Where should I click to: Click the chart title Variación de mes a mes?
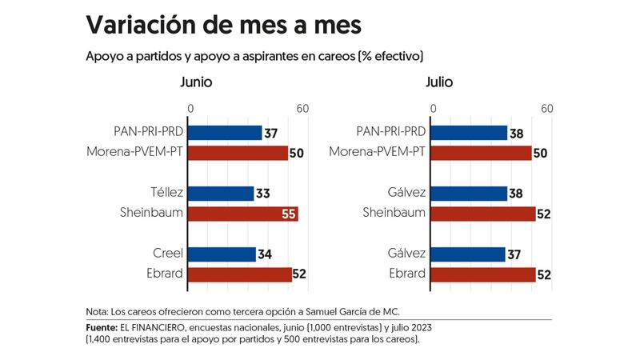[223, 25]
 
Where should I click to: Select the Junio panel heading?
[196, 82]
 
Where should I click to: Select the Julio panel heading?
[440, 82]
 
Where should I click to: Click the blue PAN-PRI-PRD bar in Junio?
[226, 133]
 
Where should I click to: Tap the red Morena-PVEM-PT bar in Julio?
[482, 153]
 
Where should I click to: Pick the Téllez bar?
[221, 193]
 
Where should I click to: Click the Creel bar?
[222, 254]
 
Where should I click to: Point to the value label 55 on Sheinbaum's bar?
[288, 214]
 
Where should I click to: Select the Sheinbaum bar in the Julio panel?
[484, 214]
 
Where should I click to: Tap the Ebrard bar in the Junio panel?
[240, 274]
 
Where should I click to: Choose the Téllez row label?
[166, 193]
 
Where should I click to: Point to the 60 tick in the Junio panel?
[302, 109]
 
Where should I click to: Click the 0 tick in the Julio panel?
[433, 109]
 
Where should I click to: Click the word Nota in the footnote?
[96, 311]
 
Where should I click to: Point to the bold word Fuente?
[102, 328]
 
